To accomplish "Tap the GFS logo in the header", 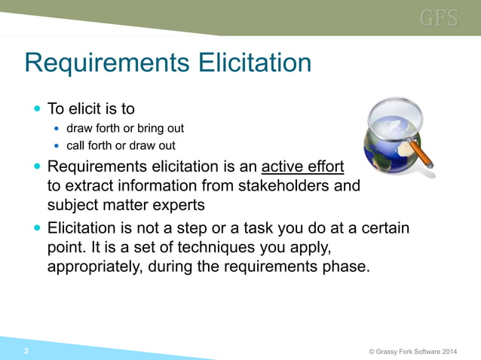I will [439, 18].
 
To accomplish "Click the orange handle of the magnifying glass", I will [424, 155].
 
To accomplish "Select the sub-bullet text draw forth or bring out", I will [125, 128].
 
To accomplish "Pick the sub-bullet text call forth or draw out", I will [121, 145].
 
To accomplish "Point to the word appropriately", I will [93, 267].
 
